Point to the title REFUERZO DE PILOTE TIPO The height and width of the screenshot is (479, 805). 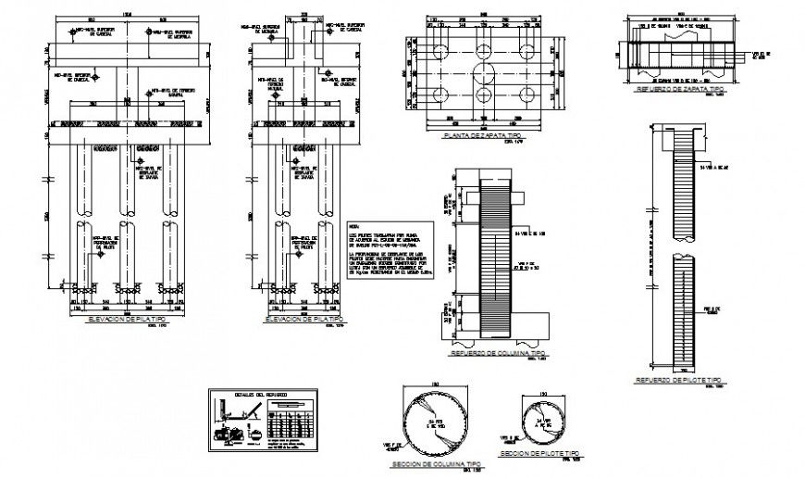[677, 380]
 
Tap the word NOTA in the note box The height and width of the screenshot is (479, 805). [353, 226]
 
